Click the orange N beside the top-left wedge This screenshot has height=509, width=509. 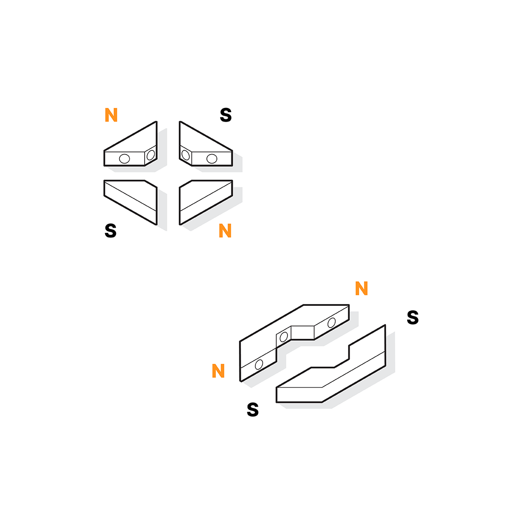coord(111,115)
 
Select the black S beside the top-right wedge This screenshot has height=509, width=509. coord(226,115)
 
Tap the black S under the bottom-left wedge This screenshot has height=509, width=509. coord(110,231)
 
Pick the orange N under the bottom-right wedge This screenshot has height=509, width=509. coord(225,230)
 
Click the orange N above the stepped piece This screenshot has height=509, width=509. coord(361,288)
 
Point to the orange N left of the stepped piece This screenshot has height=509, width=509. coord(218,371)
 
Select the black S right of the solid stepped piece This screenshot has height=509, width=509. coord(412,317)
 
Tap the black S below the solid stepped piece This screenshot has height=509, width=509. coord(253,410)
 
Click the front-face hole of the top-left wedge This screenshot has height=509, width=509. coord(124,159)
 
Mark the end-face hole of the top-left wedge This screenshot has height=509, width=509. coord(151,155)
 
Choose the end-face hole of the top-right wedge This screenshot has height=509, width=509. coord(186,155)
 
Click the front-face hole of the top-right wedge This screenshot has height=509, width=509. coord(212,159)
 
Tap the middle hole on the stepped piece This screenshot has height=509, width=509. coord(284,337)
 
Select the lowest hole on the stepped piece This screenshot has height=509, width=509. coord(259,364)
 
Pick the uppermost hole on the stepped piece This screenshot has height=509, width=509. coord(331,323)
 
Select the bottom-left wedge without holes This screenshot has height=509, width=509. coord(131,202)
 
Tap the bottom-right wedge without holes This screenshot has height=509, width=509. coord(206,202)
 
